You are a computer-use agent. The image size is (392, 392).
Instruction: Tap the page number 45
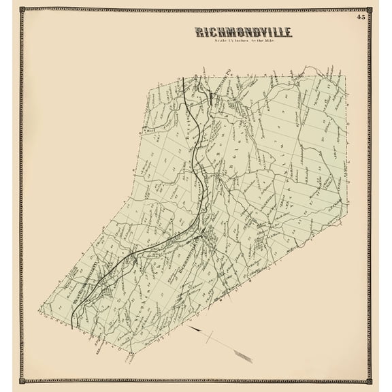[x=360, y=16]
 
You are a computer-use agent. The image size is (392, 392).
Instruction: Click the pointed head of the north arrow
[x=193, y=328]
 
